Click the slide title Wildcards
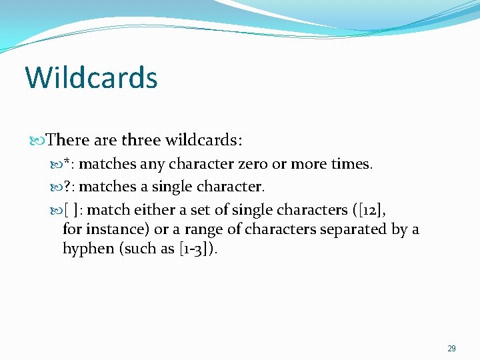click(x=91, y=77)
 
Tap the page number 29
click(x=451, y=349)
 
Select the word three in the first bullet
click(x=141, y=140)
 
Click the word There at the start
click(x=68, y=140)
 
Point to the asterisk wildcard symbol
click(x=67, y=163)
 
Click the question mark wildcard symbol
click(x=67, y=187)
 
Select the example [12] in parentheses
click(x=367, y=210)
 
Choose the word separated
click(x=354, y=229)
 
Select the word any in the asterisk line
click(x=152, y=164)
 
